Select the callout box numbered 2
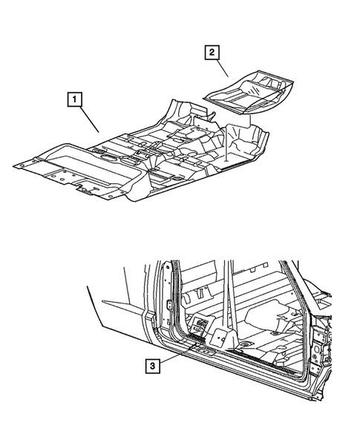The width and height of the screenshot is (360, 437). point(212,51)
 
